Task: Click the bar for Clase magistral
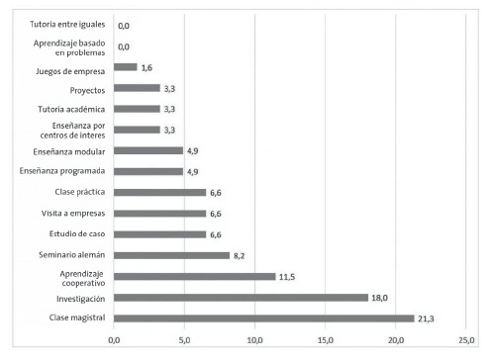coord(264,318)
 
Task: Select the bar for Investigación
coord(241,298)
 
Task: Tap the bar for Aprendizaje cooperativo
coord(195,276)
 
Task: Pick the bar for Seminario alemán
coord(171,255)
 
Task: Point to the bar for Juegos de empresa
coord(126,67)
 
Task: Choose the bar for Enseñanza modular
coord(148,151)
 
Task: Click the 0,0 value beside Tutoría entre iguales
coord(124,26)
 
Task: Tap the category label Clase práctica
coord(77,193)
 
